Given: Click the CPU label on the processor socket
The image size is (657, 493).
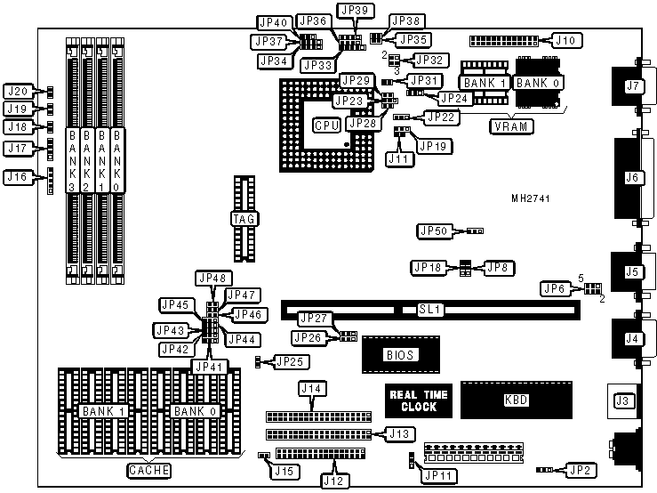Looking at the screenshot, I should (x=325, y=125).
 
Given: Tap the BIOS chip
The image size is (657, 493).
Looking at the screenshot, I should (x=400, y=354).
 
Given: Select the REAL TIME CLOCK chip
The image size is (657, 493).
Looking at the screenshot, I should (x=417, y=400).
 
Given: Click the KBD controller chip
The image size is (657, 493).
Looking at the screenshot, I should (x=516, y=400).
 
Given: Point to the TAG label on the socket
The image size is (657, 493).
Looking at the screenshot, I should (x=242, y=219).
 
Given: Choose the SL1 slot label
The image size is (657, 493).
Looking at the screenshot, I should (x=430, y=310).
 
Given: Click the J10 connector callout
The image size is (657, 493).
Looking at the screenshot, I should (x=566, y=40).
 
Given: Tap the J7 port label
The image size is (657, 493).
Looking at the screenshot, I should (x=633, y=86).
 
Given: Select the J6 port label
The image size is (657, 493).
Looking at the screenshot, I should (x=633, y=178).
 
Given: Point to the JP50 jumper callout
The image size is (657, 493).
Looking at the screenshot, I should (x=432, y=231).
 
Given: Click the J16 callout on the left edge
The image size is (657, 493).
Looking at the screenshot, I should (x=17, y=177).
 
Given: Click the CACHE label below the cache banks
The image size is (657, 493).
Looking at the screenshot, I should (x=148, y=470).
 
